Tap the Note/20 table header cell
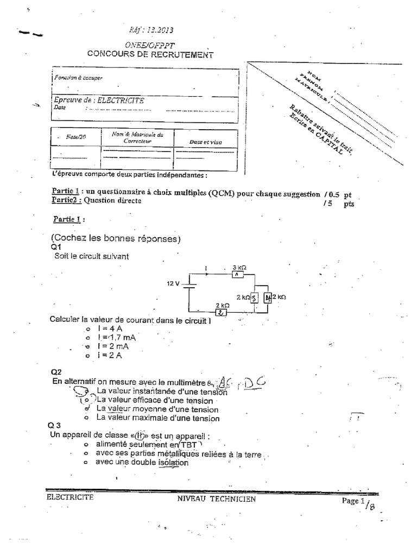tap(76, 137)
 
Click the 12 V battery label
tap(173, 283)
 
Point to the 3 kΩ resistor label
tap(239, 268)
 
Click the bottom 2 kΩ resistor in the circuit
tap(223, 312)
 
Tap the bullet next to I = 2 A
tap(86, 356)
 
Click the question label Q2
tap(56, 372)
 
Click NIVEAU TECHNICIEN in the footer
tap(216, 499)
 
